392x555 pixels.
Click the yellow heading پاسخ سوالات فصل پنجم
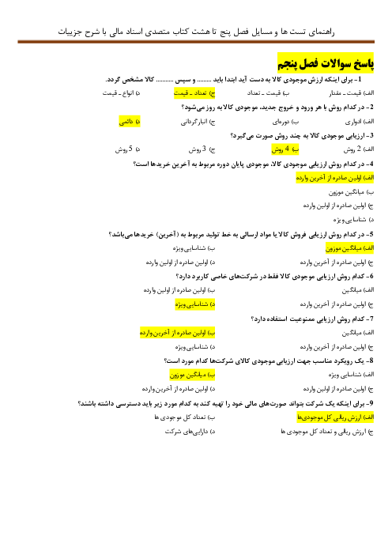click(326, 63)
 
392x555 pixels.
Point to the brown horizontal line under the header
click(196, 42)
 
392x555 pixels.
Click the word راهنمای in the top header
click(321, 32)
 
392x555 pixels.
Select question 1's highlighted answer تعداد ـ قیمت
click(194, 93)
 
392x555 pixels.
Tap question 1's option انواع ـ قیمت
click(122, 93)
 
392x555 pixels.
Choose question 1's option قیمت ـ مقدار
click(352, 93)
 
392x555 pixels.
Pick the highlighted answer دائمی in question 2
click(130, 122)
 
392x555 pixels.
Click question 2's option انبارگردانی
click(198, 122)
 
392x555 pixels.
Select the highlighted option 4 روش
click(285, 149)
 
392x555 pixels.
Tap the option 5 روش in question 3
click(127, 149)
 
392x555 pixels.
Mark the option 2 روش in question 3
click(358, 149)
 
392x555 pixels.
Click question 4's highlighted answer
click(334, 178)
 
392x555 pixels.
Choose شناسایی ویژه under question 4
click(353, 220)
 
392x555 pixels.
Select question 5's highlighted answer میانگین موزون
click(349, 248)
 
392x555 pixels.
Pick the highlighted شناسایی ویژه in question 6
click(195, 304)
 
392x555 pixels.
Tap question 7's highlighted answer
click(177, 333)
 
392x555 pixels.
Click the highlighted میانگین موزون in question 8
click(193, 375)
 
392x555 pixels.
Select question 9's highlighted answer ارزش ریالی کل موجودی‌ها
click(335, 417)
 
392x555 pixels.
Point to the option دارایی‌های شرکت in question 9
click(190, 432)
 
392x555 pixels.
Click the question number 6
click(370, 277)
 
